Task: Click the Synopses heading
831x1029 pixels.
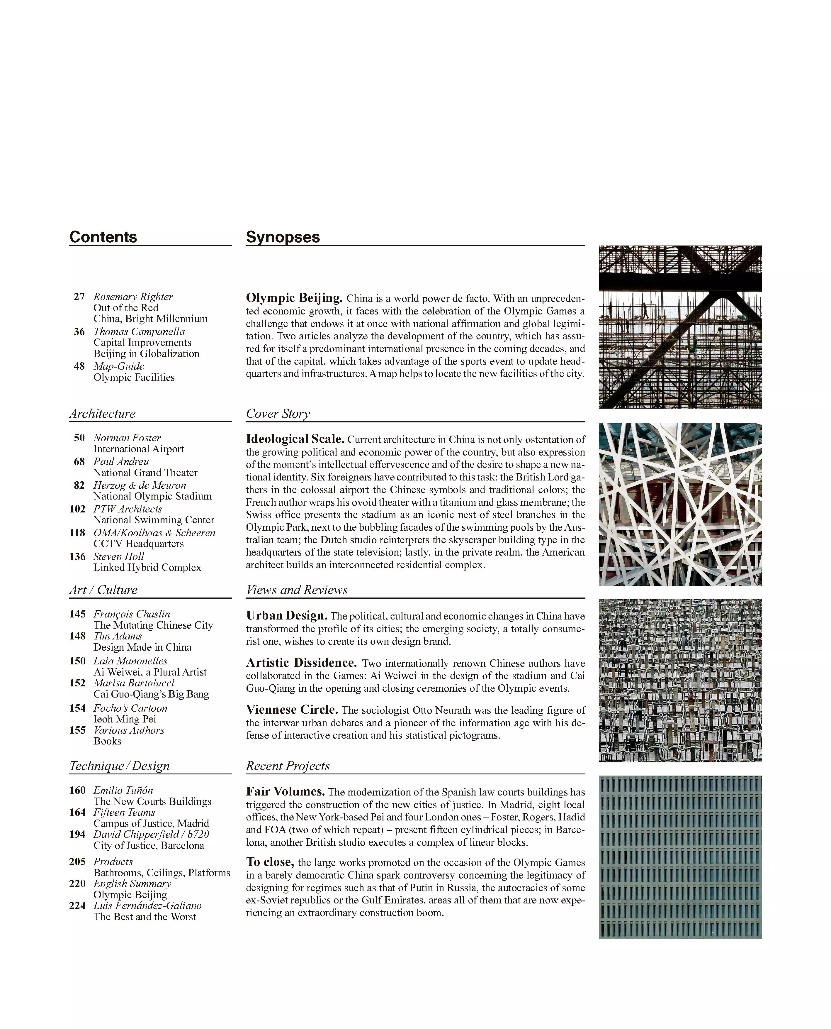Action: tap(283, 237)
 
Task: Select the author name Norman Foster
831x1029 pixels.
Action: tap(127, 437)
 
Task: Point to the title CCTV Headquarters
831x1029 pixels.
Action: tap(138, 544)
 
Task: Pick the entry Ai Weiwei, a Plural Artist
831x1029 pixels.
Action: tap(150, 672)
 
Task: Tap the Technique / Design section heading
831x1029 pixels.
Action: tap(119, 766)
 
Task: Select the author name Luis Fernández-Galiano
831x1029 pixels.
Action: tap(147, 906)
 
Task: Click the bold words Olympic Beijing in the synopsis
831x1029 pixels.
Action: tap(294, 298)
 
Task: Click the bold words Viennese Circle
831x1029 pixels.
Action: tap(292, 710)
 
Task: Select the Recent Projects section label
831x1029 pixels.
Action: tap(287, 766)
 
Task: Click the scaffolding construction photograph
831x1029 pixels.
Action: tap(680, 327)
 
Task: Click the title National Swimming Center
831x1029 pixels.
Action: tap(154, 520)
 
